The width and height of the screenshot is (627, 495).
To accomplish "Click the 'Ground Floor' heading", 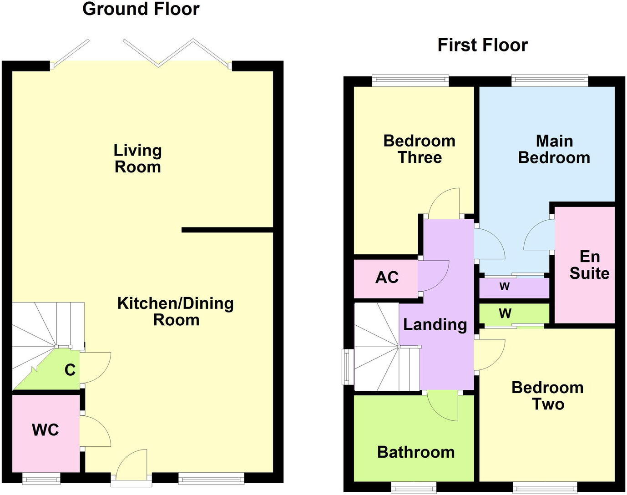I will click(x=141, y=9).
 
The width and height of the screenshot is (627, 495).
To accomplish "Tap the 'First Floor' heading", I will click(x=482, y=45).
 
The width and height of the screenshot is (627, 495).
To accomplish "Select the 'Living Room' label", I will click(x=137, y=159).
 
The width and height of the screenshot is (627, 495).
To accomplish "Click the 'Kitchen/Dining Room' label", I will click(x=176, y=312).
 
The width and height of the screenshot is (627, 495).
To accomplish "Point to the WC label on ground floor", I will click(x=45, y=430).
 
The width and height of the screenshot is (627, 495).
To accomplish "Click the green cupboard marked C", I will click(x=68, y=370).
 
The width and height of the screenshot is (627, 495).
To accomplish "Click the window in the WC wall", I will click(x=41, y=478).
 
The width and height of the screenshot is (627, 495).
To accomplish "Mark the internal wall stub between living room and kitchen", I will click(x=227, y=230).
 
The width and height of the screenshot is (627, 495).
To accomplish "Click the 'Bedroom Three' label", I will click(x=419, y=149).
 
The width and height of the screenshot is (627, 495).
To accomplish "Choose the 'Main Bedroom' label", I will click(x=554, y=149).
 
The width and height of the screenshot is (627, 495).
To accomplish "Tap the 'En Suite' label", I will click(x=589, y=265).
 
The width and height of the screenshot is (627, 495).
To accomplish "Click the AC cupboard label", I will click(x=387, y=277).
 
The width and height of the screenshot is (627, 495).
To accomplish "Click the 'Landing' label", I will click(x=435, y=324).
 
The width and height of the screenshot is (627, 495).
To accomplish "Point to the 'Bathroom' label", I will click(x=416, y=452).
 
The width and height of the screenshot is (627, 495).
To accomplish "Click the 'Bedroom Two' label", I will click(x=547, y=396).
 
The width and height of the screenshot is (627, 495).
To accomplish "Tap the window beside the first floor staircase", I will click(x=348, y=367).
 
